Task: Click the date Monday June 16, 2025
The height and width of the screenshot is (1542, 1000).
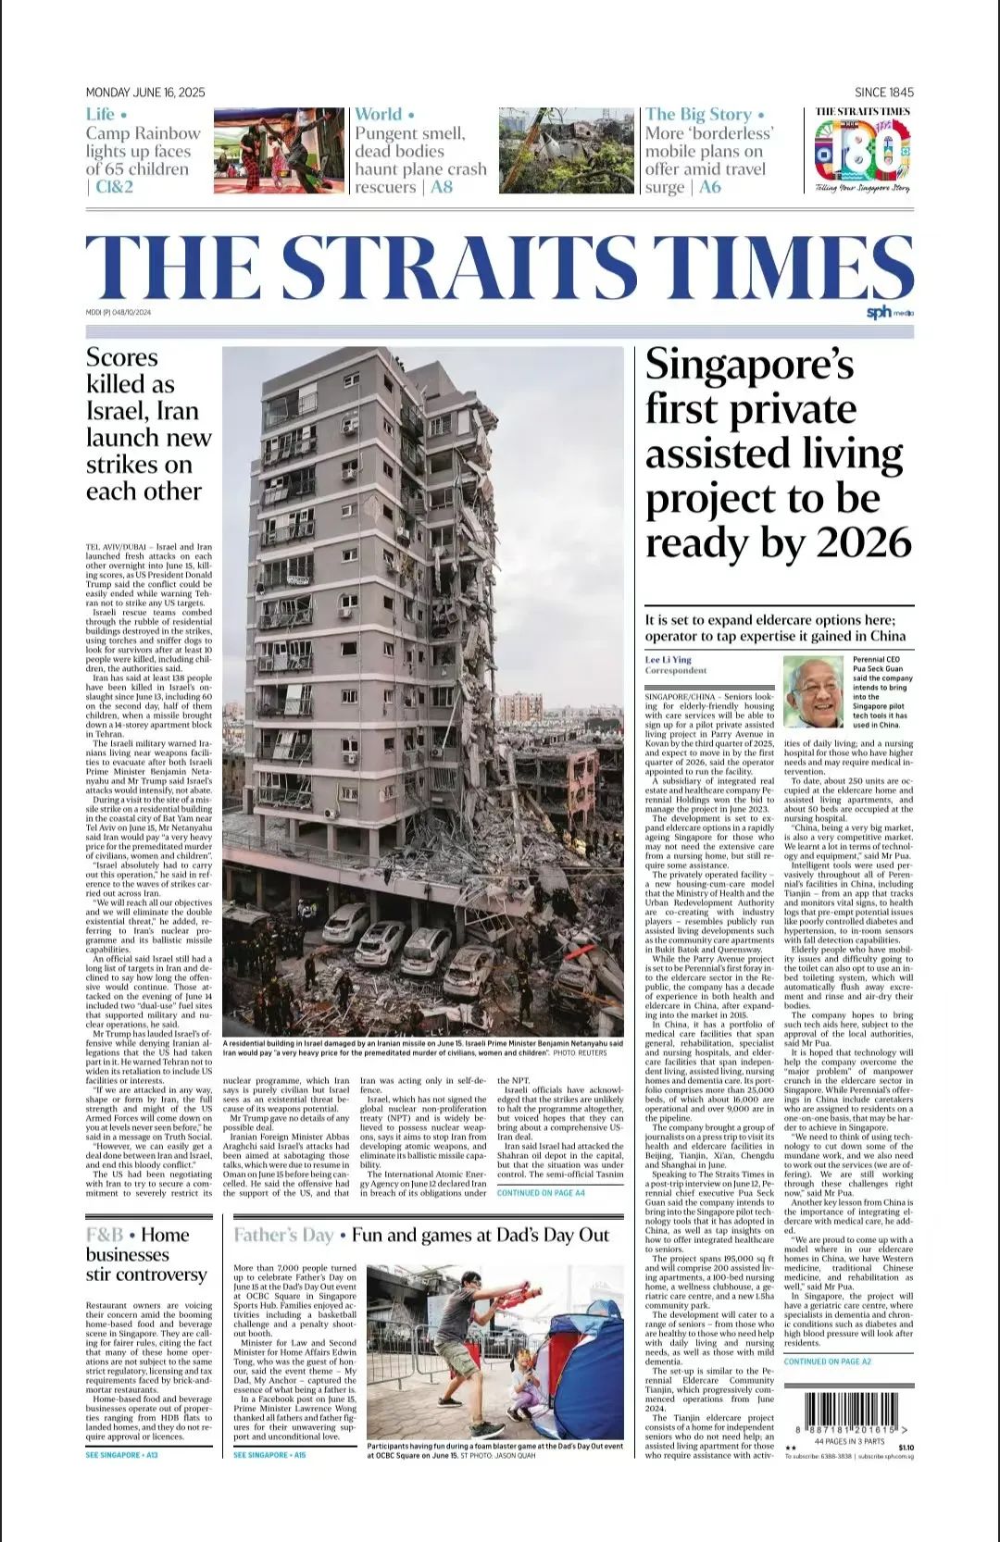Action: (x=145, y=93)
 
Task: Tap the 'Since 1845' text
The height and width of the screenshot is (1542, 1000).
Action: (x=883, y=93)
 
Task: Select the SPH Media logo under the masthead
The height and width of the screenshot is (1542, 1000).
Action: (x=889, y=313)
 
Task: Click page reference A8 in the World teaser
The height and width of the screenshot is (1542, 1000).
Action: (x=442, y=187)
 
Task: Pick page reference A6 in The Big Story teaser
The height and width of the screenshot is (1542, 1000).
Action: (x=710, y=187)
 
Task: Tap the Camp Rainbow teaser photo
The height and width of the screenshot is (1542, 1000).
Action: (x=279, y=151)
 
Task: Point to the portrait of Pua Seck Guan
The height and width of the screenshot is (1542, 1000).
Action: (x=814, y=692)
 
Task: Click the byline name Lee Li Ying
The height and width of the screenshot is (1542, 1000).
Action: (x=669, y=660)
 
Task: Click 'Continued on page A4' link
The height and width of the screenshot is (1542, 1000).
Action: (x=541, y=1193)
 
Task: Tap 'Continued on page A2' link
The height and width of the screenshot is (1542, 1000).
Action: (x=827, y=1362)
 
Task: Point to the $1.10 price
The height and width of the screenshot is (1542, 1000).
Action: (x=905, y=1448)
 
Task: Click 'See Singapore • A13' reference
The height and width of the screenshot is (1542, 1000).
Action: (x=121, y=1455)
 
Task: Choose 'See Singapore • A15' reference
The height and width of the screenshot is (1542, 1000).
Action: (x=269, y=1455)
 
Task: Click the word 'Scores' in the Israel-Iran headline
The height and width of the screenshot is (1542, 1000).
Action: (x=122, y=358)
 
